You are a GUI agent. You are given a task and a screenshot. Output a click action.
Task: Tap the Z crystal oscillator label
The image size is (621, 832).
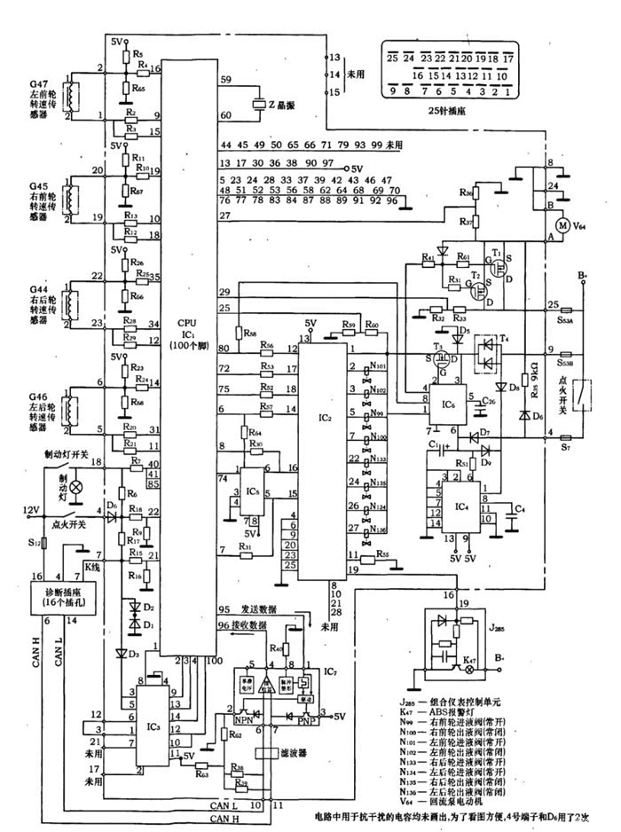[x=280, y=106]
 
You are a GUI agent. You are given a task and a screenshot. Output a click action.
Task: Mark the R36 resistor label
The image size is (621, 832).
[x=464, y=192]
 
